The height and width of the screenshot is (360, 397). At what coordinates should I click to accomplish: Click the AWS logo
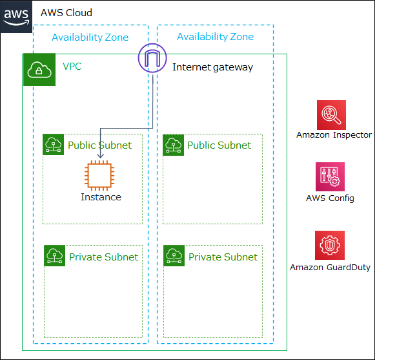[x=16, y=16]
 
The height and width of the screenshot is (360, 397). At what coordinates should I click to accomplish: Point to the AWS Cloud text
[x=66, y=12]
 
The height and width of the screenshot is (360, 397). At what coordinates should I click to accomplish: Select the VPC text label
[x=72, y=67]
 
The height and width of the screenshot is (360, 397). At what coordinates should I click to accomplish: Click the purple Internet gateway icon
[x=152, y=59]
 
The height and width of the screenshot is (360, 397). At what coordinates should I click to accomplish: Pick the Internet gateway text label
[x=212, y=67]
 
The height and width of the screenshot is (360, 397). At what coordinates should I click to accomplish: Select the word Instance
[x=101, y=197]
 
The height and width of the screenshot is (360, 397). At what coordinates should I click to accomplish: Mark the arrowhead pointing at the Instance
[x=101, y=156]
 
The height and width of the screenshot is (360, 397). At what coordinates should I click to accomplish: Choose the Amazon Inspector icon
[x=331, y=114]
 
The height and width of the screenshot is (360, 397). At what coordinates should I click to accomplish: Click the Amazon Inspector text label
[x=334, y=135]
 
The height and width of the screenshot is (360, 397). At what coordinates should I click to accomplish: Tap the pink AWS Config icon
[x=330, y=176]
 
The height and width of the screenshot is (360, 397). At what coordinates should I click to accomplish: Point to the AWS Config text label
[x=330, y=198]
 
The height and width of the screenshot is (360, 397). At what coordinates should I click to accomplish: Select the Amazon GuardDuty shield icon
[x=330, y=245]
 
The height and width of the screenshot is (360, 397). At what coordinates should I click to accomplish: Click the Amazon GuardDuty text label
[x=330, y=267]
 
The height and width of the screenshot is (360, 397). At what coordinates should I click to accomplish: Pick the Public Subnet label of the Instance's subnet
[x=99, y=145]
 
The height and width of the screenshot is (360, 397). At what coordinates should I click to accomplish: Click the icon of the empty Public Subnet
[x=173, y=145]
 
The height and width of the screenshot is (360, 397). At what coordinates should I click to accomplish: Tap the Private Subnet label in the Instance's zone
[x=103, y=257]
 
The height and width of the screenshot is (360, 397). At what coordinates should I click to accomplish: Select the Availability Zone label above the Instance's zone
[x=90, y=37]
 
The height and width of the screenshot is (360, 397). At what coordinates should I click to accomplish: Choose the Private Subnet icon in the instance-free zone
[x=174, y=256]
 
